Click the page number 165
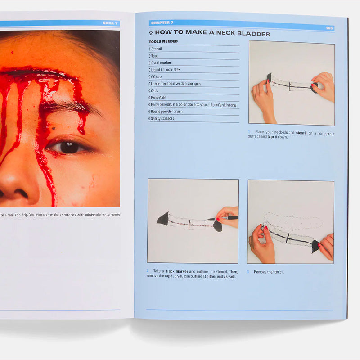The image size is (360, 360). (329, 28)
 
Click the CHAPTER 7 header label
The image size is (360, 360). (162, 22)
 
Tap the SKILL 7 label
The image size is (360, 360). (110, 23)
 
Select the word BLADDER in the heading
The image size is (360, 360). (253, 34)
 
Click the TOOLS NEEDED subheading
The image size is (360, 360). (163, 41)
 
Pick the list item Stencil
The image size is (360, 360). (155, 49)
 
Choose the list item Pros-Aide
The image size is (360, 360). (157, 98)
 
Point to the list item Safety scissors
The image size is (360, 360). (161, 118)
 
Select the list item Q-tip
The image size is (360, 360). (153, 91)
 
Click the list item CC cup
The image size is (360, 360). (155, 76)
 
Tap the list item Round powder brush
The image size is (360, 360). (166, 112)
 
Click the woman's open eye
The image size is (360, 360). (68, 148)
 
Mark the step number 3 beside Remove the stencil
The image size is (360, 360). (248, 272)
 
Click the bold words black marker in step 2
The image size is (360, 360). (176, 271)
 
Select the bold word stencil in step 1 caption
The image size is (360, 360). (301, 133)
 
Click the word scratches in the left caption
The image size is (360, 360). (68, 215)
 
